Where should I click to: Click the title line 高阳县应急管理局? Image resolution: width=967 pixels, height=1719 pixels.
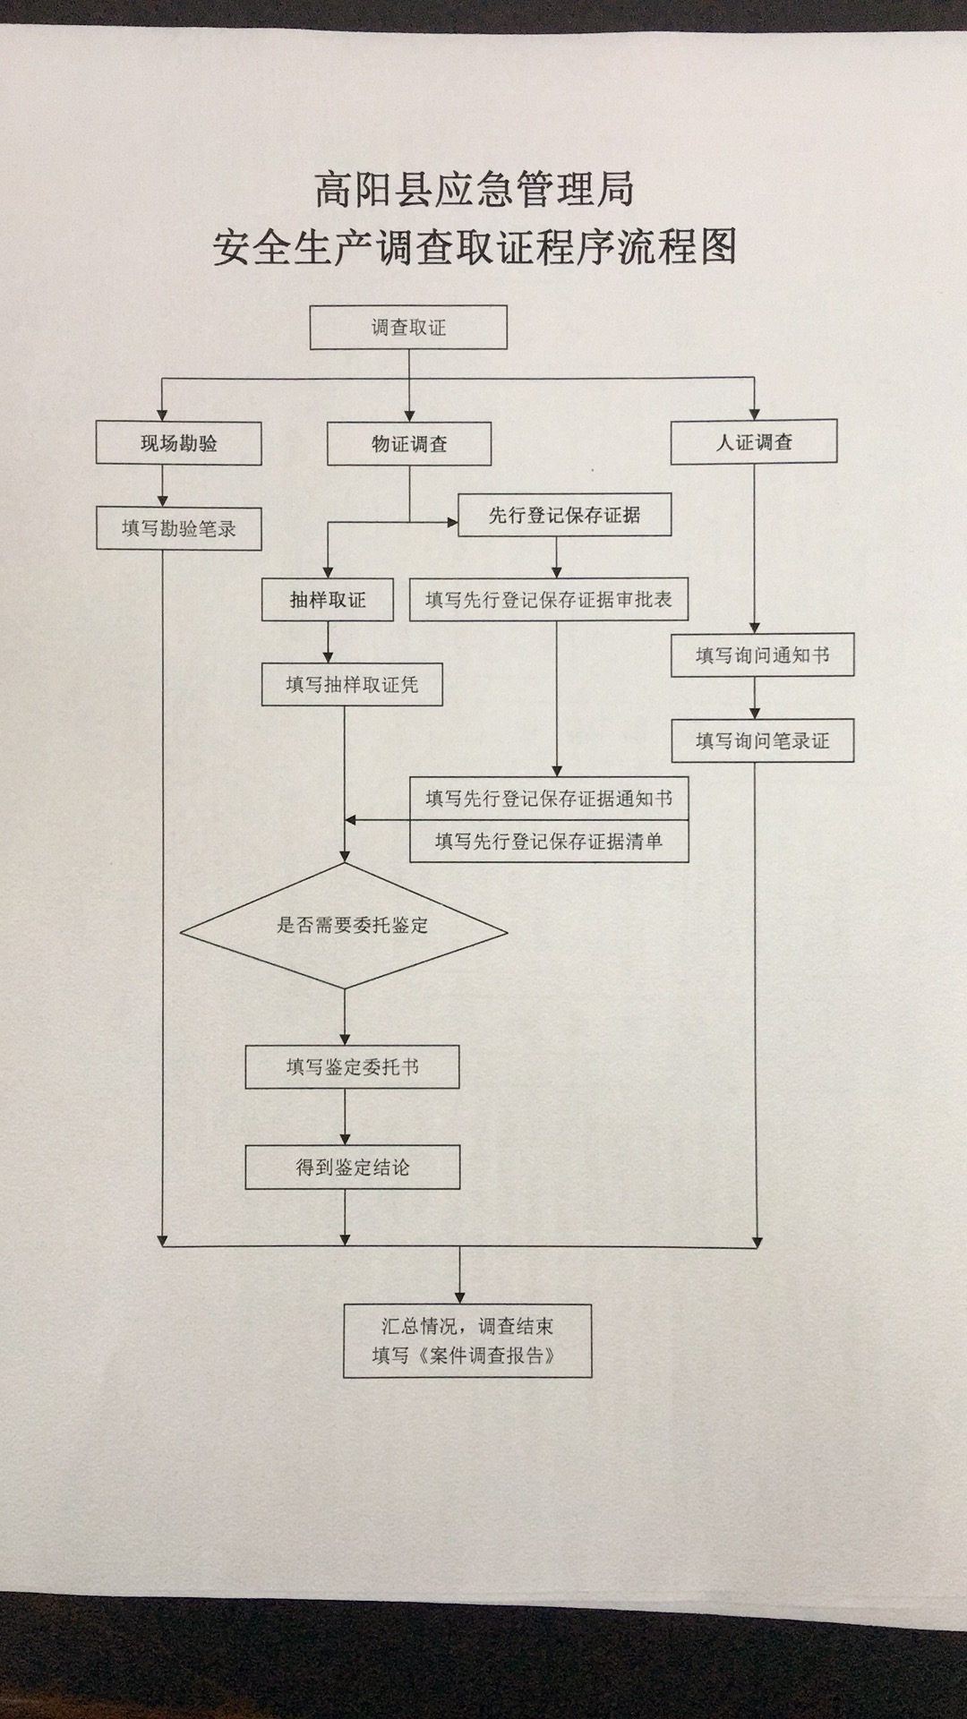pos(475,191)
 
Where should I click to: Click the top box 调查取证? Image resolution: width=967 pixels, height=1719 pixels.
pos(408,328)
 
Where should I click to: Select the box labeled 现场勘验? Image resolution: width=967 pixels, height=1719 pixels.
pos(179,443)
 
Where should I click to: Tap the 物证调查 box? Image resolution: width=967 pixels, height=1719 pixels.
pos(409,444)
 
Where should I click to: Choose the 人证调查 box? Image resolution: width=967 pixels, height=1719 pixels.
pos(754,442)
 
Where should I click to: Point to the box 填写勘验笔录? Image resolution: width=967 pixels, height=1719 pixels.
pos(179,528)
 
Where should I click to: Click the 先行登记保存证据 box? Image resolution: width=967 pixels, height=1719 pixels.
pos(564,515)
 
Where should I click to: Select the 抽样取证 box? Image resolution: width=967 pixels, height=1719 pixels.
pos(328,600)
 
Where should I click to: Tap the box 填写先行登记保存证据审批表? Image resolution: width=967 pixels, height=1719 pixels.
pos(549,600)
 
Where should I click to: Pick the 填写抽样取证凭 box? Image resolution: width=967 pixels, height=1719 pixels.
pos(352,685)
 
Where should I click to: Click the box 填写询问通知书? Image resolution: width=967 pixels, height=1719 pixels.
pos(763,655)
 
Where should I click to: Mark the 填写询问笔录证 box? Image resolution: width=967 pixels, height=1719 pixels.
pos(763,740)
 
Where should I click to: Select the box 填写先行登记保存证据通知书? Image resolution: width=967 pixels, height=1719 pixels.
pos(549,798)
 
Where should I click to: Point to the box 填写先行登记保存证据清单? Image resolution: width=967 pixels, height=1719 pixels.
pos(549,841)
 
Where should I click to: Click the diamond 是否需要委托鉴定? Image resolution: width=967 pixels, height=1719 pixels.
pos(345,926)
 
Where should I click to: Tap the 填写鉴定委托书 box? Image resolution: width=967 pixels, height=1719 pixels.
pos(352,1066)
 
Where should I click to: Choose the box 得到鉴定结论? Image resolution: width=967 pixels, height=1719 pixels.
pos(352,1167)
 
